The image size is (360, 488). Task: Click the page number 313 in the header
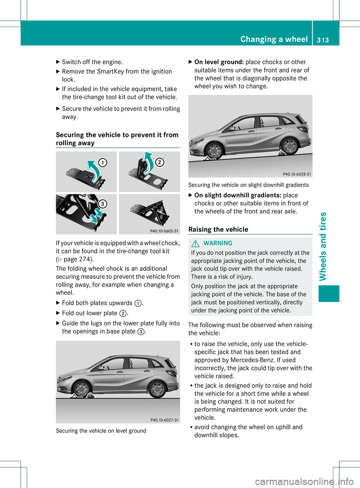point(323,40)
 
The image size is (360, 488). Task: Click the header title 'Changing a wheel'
point(274,39)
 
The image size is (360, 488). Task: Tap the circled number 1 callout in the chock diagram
point(102,162)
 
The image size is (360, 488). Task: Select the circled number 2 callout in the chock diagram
point(160,162)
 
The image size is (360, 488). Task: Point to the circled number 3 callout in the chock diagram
point(102,204)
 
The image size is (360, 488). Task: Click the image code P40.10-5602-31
point(164,231)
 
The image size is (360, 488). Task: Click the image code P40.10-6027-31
point(164,420)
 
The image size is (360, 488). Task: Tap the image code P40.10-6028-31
point(297,174)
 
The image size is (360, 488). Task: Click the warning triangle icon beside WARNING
point(195,243)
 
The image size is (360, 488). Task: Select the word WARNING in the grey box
point(218,243)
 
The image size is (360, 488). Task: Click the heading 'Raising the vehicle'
point(218,229)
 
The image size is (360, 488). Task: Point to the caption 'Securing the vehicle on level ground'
point(101,431)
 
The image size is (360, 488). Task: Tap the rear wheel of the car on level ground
point(157,389)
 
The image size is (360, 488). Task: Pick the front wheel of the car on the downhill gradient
point(214,151)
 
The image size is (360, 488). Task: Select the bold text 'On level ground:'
point(219,62)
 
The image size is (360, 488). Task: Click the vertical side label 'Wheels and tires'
point(322,246)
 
